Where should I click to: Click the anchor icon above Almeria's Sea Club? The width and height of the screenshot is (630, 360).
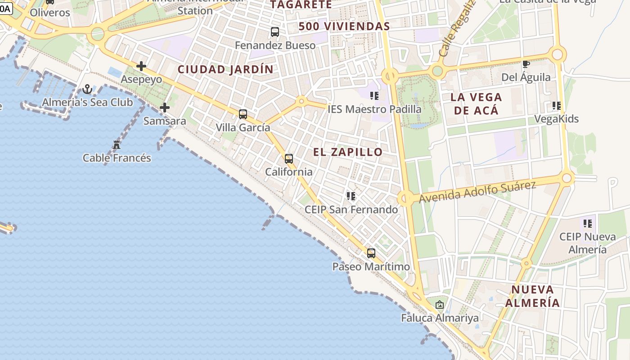coord(87,89)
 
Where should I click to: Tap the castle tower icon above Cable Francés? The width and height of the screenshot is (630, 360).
coord(117,145)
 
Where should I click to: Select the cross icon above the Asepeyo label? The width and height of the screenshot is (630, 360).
coord(141,66)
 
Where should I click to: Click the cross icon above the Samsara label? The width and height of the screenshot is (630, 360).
coord(165,108)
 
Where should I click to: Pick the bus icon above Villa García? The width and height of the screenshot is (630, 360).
coord(243,114)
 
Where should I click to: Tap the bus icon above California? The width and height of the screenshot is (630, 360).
coord(289,158)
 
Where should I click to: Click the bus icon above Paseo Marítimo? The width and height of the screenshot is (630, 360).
coord(371,253)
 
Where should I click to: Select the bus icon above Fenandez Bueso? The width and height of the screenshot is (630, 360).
coord(275,32)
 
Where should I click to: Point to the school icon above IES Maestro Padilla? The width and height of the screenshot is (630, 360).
coord(374,95)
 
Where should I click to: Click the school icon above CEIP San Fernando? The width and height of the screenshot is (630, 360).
coord(351,196)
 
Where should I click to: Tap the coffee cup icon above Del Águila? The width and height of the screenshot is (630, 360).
coord(526,64)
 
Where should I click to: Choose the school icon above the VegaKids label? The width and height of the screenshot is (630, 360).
coord(557,106)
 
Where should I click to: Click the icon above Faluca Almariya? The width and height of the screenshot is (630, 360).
coord(440,305)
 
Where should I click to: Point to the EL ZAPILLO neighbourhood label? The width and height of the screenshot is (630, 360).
coord(348,152)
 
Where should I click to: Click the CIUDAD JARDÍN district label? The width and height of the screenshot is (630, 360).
coord(225,69)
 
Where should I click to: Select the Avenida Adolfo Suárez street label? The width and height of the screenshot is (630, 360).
coord(477,192)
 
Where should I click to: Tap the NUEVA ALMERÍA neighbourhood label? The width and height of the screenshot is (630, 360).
coord(532,296)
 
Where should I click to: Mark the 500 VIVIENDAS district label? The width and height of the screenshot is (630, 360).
coord(344,27)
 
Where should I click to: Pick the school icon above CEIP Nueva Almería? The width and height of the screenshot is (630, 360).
coord(588,223)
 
